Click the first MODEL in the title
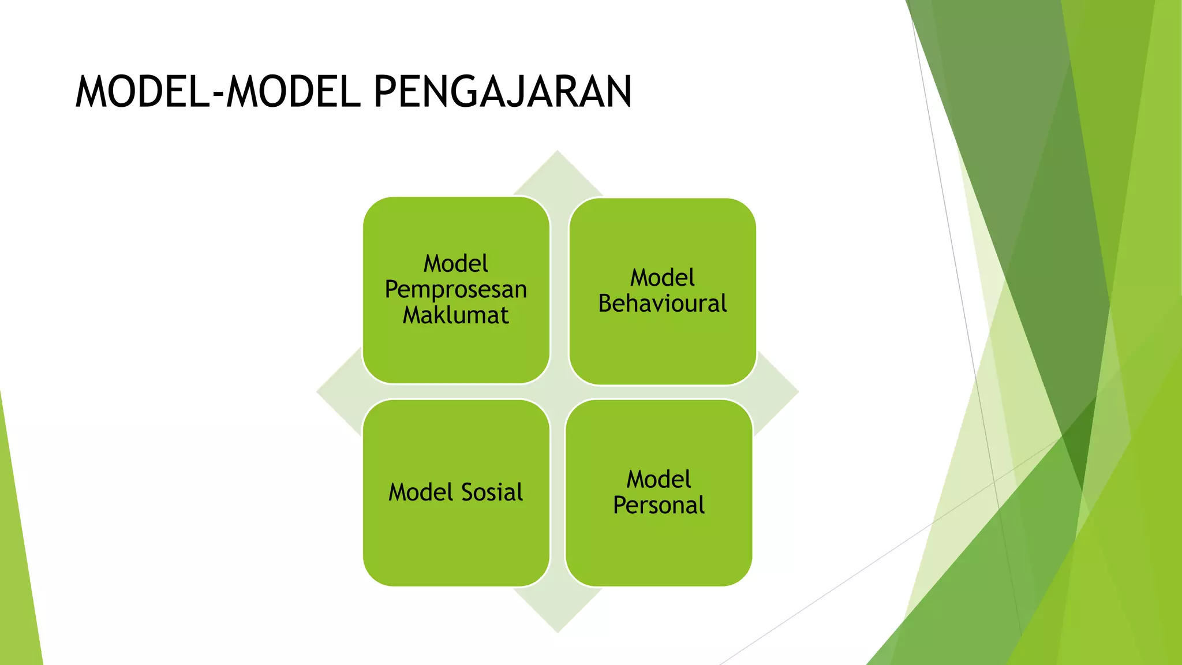(143, 92)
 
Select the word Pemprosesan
(456, 289)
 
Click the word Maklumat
(456, 315)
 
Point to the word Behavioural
(662, 304)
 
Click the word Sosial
(492, 492)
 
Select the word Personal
(659, 505)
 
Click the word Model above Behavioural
(662, 278)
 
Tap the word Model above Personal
(659, 479)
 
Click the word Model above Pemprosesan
(456, 264)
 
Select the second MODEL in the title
(293, 92)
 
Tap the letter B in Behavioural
(605, 304)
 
